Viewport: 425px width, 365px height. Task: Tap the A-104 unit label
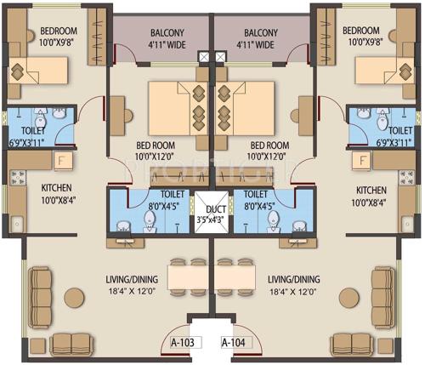[235, 343]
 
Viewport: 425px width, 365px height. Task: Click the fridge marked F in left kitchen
[60, 160]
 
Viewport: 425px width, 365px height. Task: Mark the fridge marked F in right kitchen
[363, 160]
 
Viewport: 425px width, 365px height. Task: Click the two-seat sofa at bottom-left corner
[72, 343]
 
